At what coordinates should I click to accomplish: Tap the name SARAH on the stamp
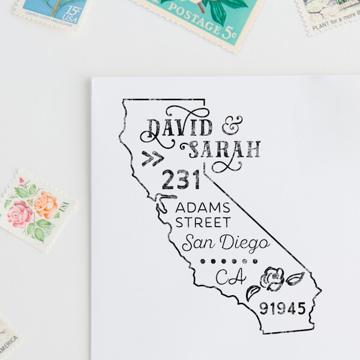click(x=225, y=149)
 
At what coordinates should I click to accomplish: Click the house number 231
click(x=181, y=179)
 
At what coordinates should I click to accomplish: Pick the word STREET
click(x=202, y=223)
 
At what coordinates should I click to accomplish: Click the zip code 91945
click(x=282, y=310)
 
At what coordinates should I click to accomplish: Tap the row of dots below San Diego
click(x=229, y=261)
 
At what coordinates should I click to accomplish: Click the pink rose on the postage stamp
click(x=20, y=212)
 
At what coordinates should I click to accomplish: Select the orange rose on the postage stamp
click(x=45, y=204)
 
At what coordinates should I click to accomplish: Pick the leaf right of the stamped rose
click(x=295, y=279)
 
